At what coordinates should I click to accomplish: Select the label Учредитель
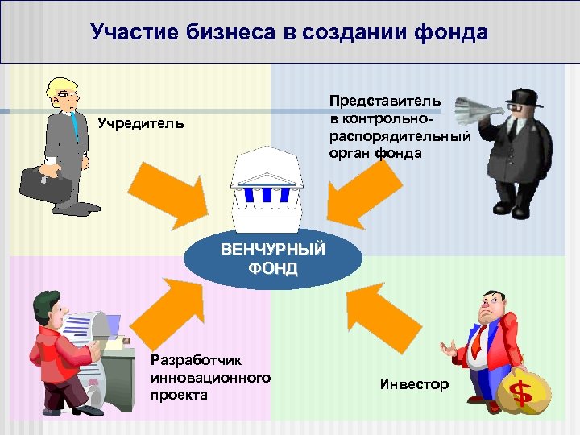pyautogui.click(x=140, y=123)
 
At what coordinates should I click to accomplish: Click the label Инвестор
pyautogui.click(x=414, y=384)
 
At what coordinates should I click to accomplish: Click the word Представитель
pyautogui.click(x=384, y=101)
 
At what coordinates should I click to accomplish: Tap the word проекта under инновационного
pyautogui.click(x=178, y=395)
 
